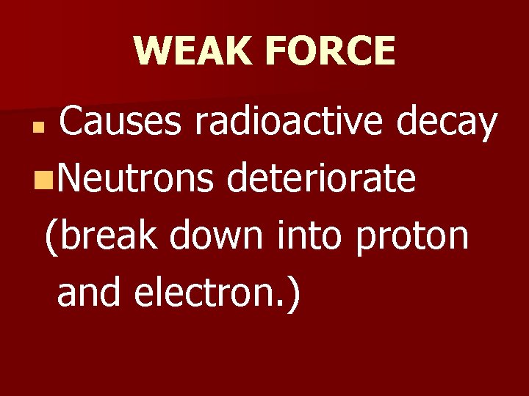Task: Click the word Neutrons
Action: point(134,179)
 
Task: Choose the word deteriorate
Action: point(322,179)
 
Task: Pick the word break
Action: point(113,236)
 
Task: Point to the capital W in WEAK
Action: point(152,51)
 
